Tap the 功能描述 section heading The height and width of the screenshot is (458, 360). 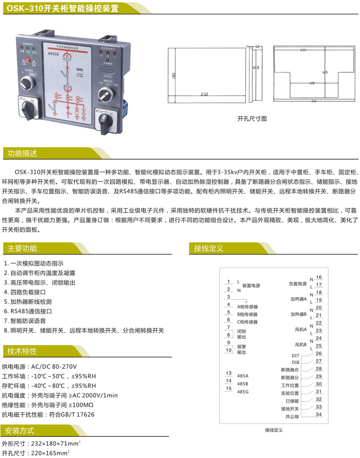[22, 153]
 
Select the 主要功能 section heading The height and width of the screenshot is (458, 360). [22, 248]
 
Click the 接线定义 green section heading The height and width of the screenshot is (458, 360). [209, 248]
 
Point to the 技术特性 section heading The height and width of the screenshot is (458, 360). [22, 351]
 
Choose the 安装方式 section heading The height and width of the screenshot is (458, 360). [22, 430]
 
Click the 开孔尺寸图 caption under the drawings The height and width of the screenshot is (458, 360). [252, 118]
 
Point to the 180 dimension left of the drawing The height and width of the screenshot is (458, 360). [174, 76]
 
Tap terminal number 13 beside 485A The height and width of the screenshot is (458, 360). [228, 373]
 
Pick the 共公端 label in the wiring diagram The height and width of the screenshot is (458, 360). [292, 417]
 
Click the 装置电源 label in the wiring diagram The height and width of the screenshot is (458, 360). [251, 285]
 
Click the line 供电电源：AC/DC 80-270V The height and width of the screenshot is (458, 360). [39, 366]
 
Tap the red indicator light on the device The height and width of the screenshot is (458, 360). [28, 60]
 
